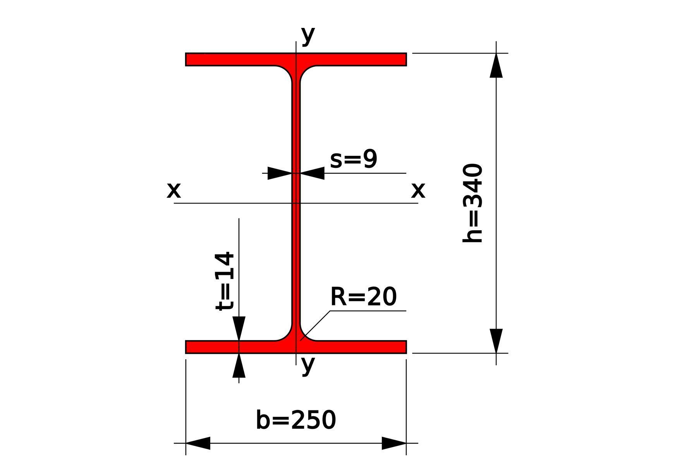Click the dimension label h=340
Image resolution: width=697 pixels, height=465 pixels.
tap(473, 203)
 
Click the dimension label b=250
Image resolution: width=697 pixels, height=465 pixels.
tap(296, 420)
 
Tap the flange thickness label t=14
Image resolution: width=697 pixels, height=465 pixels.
tap(225, 281)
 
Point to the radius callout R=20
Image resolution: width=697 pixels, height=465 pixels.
tap(363, 297)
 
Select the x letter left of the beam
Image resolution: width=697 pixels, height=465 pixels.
tap(173, 190)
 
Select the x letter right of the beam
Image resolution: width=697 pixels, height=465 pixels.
tap(418, 190)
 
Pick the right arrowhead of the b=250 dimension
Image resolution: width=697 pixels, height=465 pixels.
tap(394, 443)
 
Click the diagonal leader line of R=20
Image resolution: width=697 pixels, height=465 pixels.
tap(316, 325)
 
